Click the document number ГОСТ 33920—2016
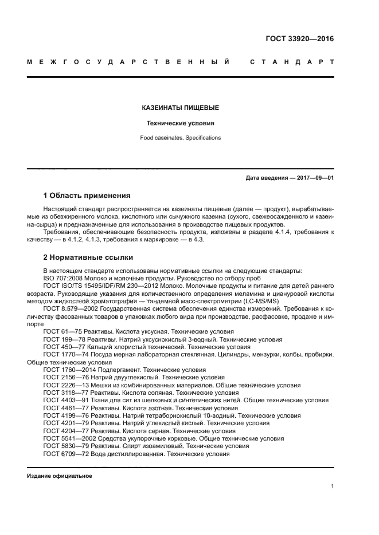(x=299, y=39)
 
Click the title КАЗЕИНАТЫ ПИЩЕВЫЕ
(x=180, y=108)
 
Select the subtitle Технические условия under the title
(x=180, y=123)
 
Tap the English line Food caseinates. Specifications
(x=180, y=138)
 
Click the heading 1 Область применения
(x=87, y=195)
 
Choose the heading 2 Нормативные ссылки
(x=88, y=257)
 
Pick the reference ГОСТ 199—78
(x=65, y=339)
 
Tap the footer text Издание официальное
(x=60, y=476)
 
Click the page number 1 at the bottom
(x=332, y=486)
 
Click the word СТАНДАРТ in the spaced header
(x=292, y=61)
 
